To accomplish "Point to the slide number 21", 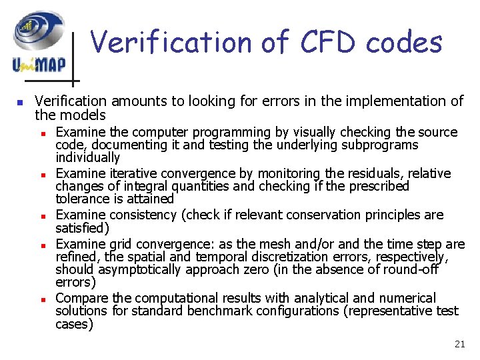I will coord(459,344).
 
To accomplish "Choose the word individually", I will coord(87,158).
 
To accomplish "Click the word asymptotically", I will coord(139,269).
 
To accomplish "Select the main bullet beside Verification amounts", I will coord(20,103).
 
